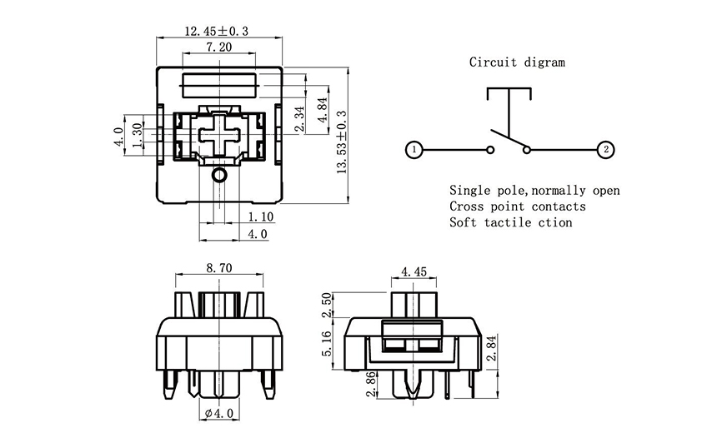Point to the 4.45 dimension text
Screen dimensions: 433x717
(x=414, y=271)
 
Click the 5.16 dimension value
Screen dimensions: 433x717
(x=328, y=343)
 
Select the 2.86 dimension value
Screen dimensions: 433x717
(x=370, y=385)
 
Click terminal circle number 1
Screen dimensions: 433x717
(x=413, y=150)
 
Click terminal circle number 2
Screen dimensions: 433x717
(x=605, y=150)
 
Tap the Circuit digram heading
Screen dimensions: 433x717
(x=517, y=62)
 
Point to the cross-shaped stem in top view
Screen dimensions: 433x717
(x=218, y=133)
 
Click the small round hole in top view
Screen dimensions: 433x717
(x=219, y=175)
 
